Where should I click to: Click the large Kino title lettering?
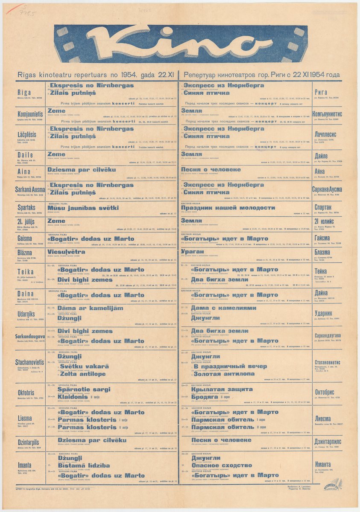coord(179,44)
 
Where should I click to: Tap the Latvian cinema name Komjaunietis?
coord(30,114)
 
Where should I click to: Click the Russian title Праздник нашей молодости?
coord(228,208)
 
